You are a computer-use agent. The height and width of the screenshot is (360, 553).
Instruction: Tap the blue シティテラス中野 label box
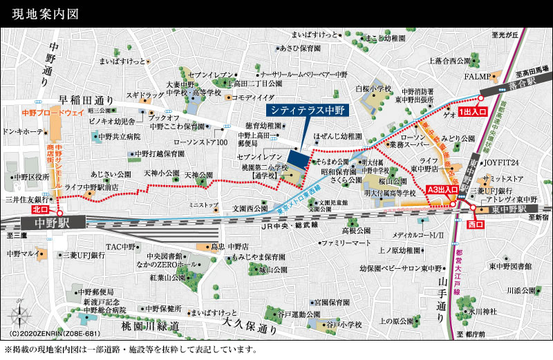(308, 110)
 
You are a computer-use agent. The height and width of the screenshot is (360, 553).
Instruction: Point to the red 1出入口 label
(474, 111)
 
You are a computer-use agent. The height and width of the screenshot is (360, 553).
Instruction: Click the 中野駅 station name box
(52, 222)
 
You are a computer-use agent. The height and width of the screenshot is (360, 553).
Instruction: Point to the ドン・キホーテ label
(23, 131)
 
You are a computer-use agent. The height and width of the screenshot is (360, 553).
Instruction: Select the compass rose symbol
(19, 319)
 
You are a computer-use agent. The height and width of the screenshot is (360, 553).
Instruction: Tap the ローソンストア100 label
(200, 142)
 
